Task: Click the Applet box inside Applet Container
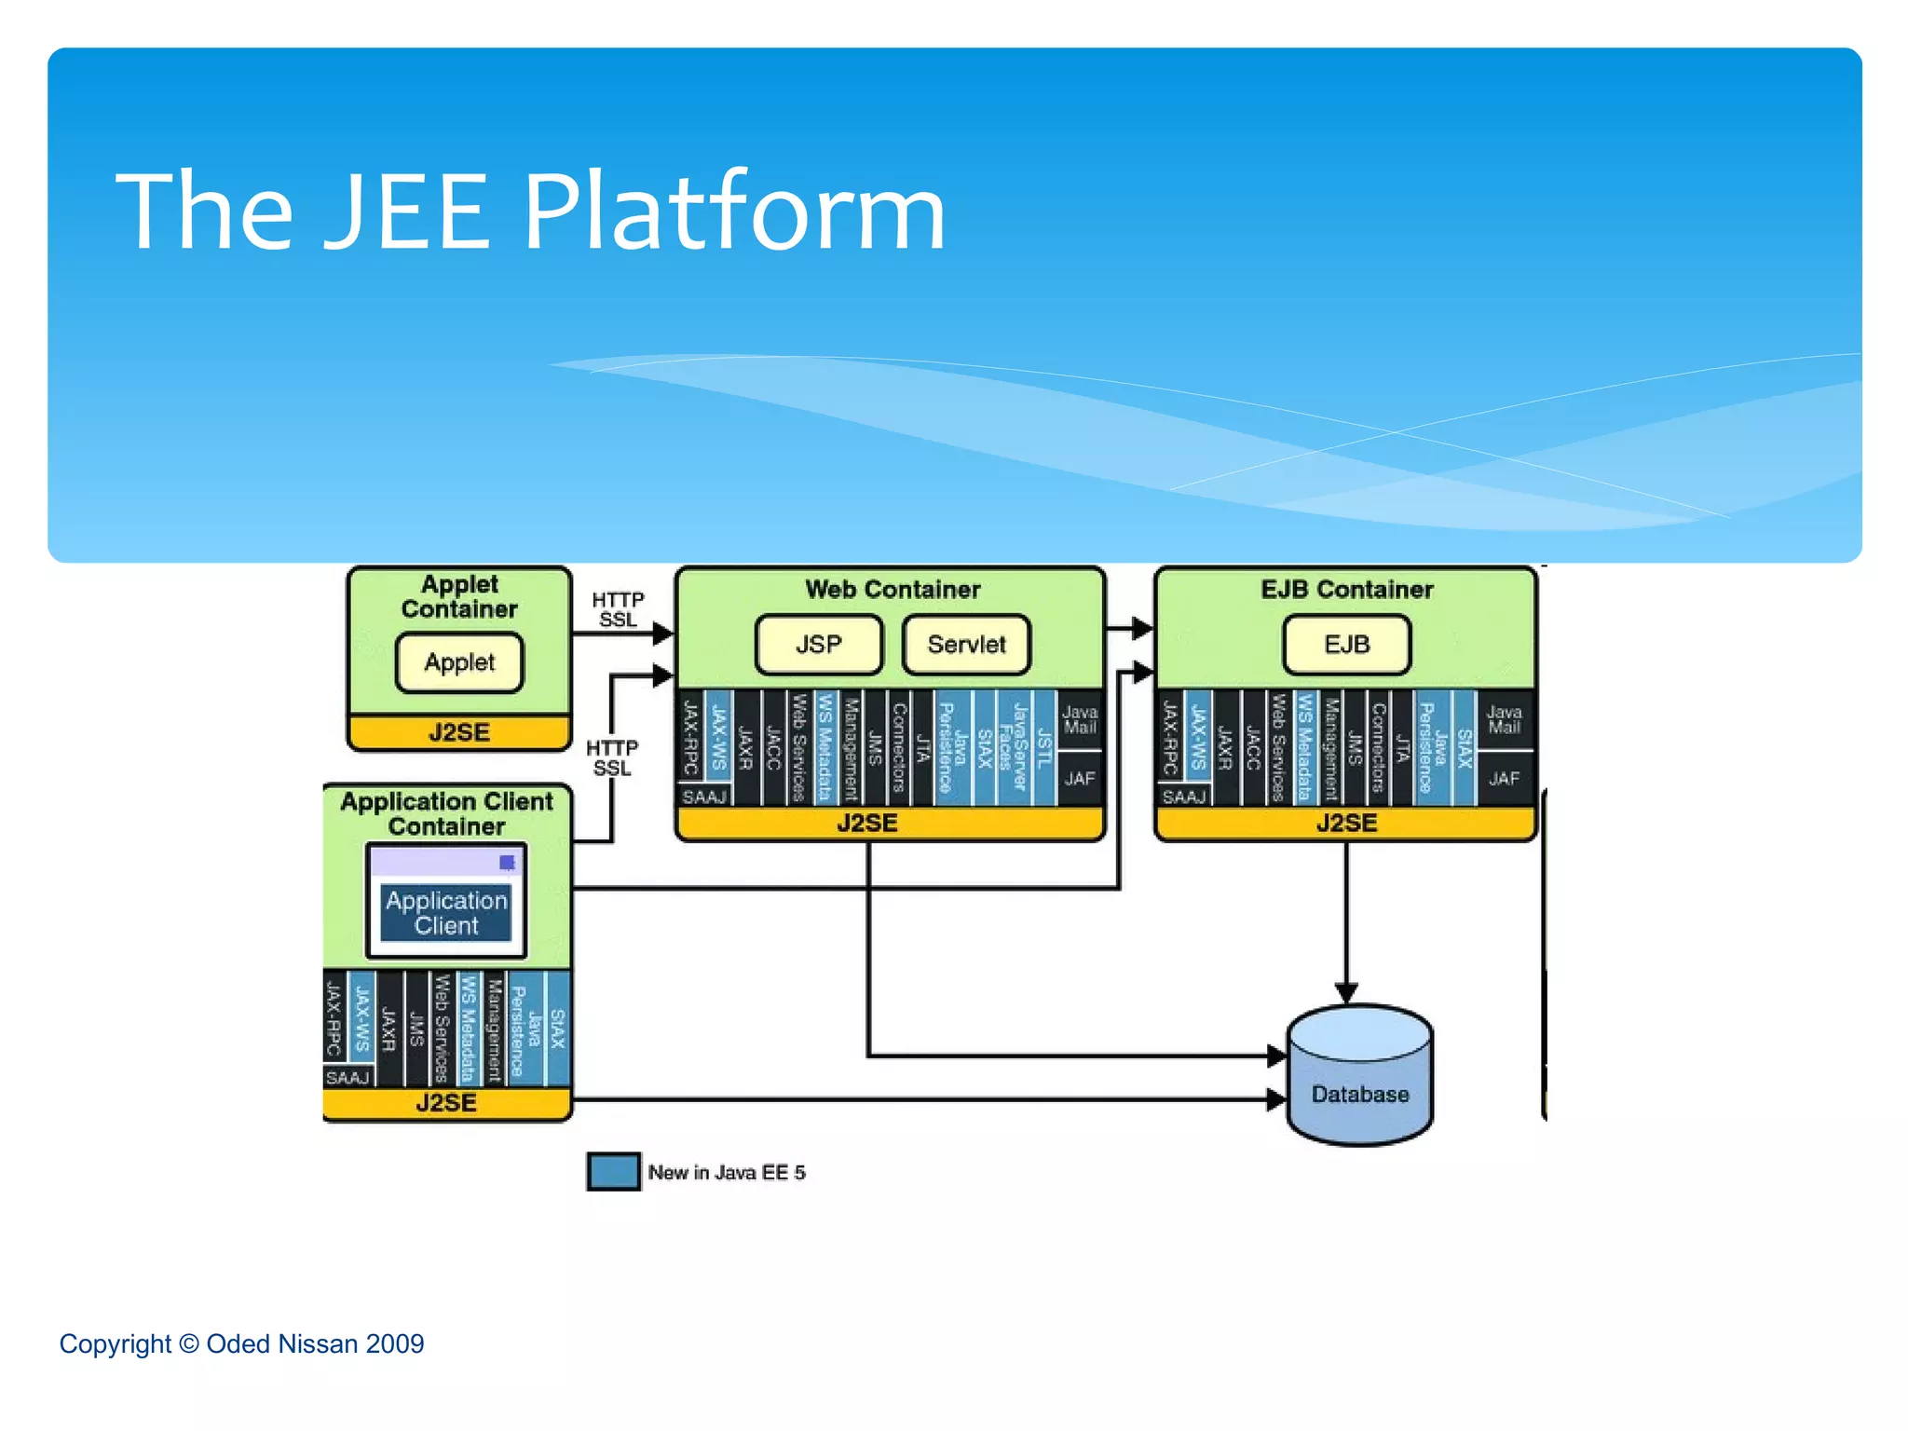tap(459, 662)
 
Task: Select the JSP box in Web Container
tap(818, 644)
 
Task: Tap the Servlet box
tap(966, 644)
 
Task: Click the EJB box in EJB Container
tap(1346, 644)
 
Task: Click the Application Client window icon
tap(447, 901)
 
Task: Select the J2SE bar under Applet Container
tap(459, 731)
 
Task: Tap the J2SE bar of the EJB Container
tap(1345, 823)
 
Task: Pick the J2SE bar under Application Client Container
tap(446, 1103)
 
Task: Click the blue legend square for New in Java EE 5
tap(613, 1172)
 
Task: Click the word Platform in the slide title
tap(734, 211)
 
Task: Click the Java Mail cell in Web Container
tap(1080, 719)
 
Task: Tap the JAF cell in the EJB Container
tap(1504, 778)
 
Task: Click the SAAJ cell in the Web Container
tap(703, 797)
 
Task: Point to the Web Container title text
tap(893, 589)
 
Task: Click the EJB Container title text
tap(1346, 589)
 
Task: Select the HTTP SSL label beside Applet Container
tap(618, 609)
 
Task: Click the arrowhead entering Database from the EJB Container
tap(1346, 992)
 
